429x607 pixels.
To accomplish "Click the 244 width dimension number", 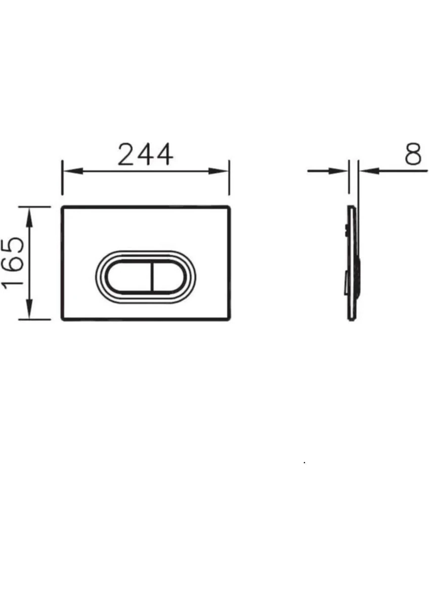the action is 146,154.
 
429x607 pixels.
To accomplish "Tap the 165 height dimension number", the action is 12,263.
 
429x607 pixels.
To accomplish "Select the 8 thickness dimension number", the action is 413,154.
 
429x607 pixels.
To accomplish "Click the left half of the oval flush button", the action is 128,277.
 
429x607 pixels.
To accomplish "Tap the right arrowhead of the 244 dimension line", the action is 218,171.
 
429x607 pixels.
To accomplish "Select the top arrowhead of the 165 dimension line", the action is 29,218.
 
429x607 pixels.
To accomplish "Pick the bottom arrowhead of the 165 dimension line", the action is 29,309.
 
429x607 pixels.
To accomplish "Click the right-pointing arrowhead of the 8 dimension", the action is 338,171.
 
